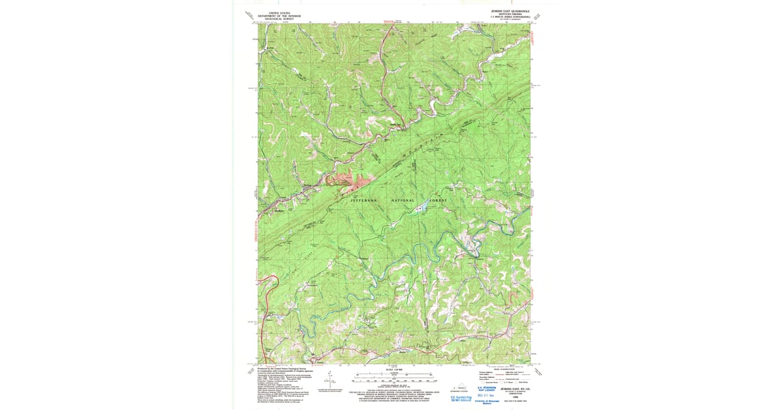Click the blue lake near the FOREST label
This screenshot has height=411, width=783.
point(422,208)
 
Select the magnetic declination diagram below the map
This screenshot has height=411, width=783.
point(330,378)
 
